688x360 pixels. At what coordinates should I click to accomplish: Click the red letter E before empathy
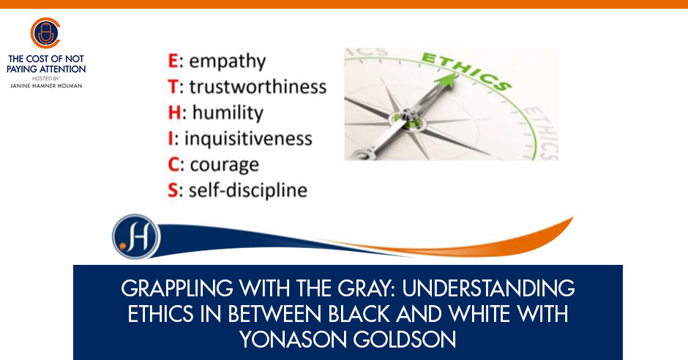pyautogui.click(x=173, y=61)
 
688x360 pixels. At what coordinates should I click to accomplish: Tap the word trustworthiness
pyautogui.click(x=258, y=86)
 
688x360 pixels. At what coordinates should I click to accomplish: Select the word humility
pyautogui.click(x=228, y=113)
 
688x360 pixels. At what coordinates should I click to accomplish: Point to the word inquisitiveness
pyautogui.click(x=248, y=138)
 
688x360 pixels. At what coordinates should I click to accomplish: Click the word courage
pyautogui.click(x=224, y=165)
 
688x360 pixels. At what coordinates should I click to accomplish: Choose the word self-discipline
pyautogui.click(x=248, y=190)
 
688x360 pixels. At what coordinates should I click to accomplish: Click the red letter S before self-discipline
pyautogui.click(x=173, y=190)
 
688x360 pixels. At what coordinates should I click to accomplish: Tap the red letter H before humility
pyautogui.click(x=174, y=113)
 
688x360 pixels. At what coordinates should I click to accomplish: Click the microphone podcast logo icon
pyautogui.click(x=45, y=33)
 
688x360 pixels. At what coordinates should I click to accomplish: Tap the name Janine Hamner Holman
pyautogui.click(x=46, y=86)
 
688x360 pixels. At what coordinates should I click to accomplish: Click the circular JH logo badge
pyautogui.click(x=136, y=236)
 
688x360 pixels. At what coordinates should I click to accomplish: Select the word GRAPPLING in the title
pyautogui.click(x=177, y=288)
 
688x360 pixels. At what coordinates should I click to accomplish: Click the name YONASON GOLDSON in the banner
pyautogui.click(x=348, y=340)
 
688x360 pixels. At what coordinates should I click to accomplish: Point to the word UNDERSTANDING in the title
pyautogui.click(x=488, y=288)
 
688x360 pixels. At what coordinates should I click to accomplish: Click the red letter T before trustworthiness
pyautogui.click(x=173, y=87)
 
